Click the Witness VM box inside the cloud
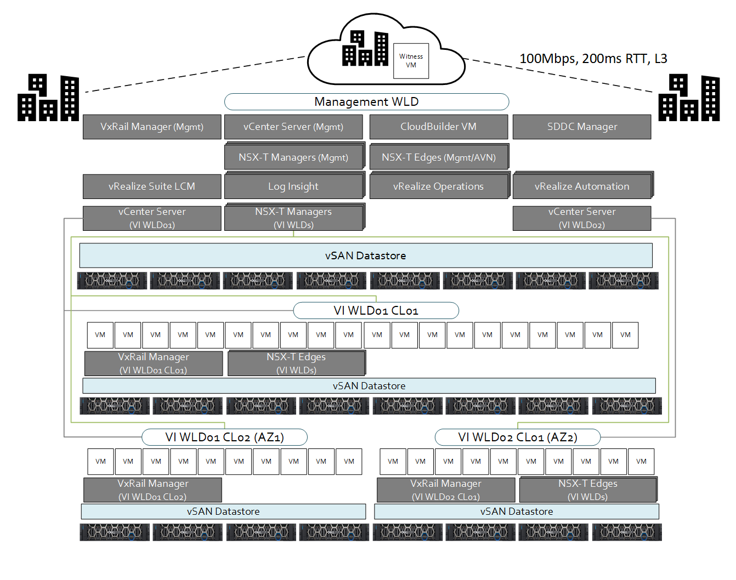click(x=411, y=61)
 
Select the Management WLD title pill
click(x=366, y=102)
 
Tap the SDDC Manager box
click(x=582, y=127)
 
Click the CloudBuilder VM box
click(x=438, y=127)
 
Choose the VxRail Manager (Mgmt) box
click(x=152, y=127)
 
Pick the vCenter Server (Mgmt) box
click(x=293, y=127)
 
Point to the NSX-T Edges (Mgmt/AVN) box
click(x=439, y=157)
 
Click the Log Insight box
click(x=293, y=186)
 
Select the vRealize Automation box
click(x=582, y=186)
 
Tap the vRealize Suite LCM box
click(x=152, y=186)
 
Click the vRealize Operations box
click(x=439, y=186)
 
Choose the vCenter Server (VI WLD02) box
click(x=582, y=218)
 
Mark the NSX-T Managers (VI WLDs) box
click(x=293, y=218)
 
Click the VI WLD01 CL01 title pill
click(x=376, y=311)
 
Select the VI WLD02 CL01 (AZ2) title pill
click(x=518, y=437)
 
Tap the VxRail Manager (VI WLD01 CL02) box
click(x=152, y=490)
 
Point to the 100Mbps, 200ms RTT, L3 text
click(x=593, y=59)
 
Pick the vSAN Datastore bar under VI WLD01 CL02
click(x=223, y=511)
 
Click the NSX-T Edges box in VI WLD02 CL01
click(x=588, y=490)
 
